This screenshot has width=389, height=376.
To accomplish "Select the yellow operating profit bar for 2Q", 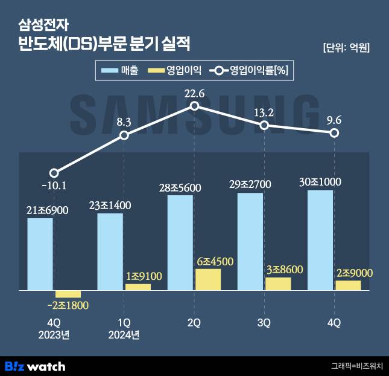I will point(208,280).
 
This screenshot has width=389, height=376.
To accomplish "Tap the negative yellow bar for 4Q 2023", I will point(68,294).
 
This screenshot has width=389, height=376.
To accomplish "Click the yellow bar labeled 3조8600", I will point(278,284).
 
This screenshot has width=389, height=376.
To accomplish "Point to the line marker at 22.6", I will point(194,106).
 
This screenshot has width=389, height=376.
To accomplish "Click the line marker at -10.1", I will point(54,173).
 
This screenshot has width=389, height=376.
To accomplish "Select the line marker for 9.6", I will point(334,132).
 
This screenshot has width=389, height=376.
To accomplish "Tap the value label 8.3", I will point(124,122).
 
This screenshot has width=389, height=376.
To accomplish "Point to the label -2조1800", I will point(68,307).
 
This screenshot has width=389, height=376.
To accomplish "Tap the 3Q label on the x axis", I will point(264,323).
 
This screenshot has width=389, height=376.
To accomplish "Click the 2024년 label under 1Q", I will point(124,335).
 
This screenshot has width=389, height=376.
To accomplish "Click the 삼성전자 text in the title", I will point(44,25).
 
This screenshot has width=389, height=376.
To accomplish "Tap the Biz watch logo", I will point(35,366).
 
